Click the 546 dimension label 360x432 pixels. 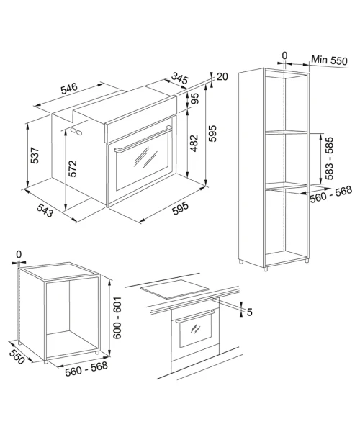69,89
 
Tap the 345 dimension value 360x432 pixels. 179,78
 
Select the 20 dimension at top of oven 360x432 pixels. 222,76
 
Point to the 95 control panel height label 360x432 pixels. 194,99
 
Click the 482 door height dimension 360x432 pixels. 194,143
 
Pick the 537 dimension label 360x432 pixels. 35,156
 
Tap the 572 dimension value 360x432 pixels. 73,168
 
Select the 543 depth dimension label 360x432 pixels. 45,210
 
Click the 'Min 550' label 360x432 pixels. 330,60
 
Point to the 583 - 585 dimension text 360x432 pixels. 329,158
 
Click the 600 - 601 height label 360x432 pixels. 117,318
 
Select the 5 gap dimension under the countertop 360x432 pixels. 249,312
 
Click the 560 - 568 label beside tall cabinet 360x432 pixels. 330,194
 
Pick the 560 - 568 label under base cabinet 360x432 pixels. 86,368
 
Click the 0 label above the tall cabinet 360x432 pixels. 284,55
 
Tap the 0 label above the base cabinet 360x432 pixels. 19,254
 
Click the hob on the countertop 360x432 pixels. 175,289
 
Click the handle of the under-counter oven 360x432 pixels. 195,316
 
